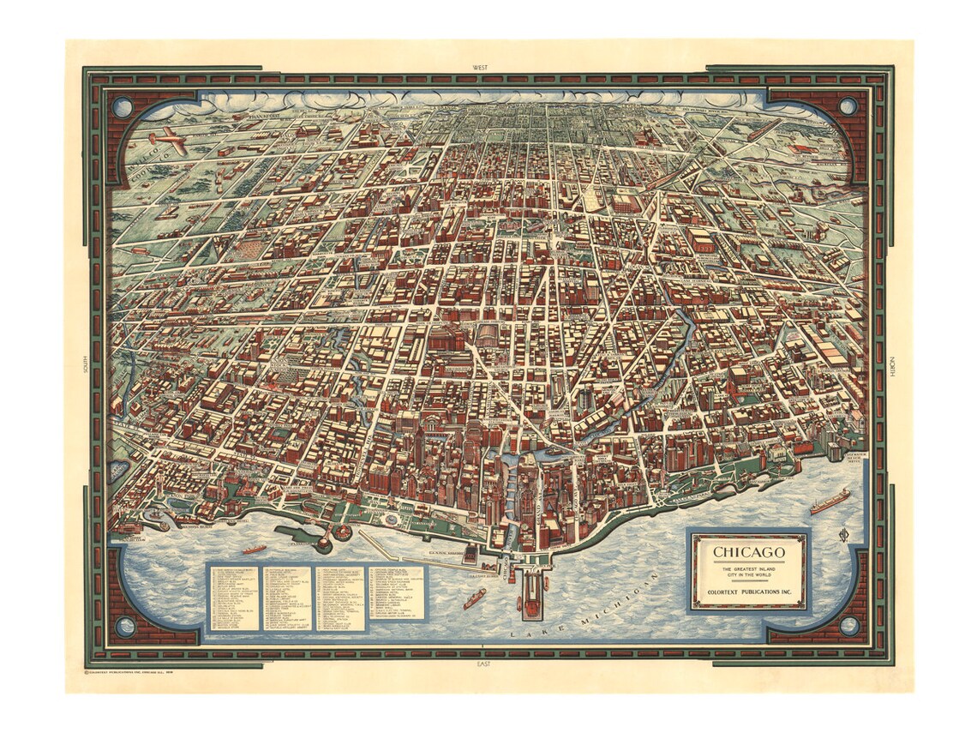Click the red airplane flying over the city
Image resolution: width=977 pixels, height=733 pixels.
click(x=168, y=141)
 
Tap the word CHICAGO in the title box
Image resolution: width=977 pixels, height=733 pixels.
click(x=749, y=551)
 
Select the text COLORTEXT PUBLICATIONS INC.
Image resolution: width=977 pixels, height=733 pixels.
click(x=749, y=591)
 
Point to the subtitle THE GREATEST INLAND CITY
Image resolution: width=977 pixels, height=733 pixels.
click(x=749, y=571)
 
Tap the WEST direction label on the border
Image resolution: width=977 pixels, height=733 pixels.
click(x=488, y=67)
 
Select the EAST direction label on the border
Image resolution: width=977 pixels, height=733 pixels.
click(x=488, y=664)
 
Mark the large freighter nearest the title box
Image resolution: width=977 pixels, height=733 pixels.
click(x=830, y=501)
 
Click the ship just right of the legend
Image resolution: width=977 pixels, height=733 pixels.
click(x=475, y=598)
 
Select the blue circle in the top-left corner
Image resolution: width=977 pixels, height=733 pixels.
click(x=123, y=107)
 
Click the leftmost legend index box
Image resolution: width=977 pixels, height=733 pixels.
click(x=234, y=598)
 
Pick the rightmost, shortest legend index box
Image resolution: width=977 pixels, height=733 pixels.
click(x=397, y=592)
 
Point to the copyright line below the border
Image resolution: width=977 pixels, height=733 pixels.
click(x=163, y=672)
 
